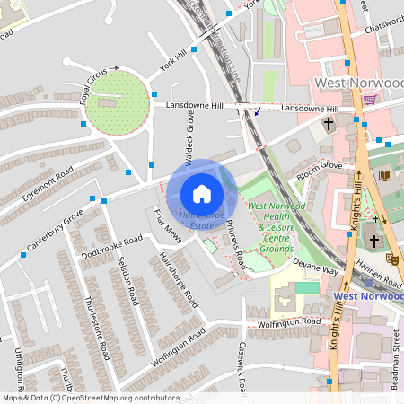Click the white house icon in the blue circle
202,193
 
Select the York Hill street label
173,60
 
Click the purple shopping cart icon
371,99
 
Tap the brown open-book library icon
385,174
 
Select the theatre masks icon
392,259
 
